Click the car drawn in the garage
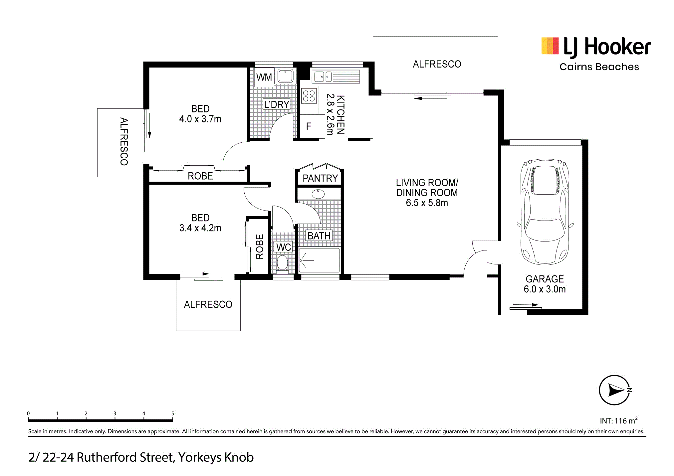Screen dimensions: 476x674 (545, 212)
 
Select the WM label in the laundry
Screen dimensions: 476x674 (264, 78)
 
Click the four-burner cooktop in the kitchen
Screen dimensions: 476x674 (309, 96)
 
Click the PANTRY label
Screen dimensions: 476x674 (320, 178)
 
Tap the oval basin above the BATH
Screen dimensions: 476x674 (318, 194)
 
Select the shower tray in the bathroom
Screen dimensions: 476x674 (319, 260)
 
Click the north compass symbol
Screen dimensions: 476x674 (614, 390)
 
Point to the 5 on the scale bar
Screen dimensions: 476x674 (172, 413)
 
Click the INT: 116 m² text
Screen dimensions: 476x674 (618, 421)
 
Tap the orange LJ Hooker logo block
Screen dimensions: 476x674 (550, 46)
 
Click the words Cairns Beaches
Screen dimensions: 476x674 (599, 67)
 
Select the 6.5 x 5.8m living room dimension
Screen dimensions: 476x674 (427, 203)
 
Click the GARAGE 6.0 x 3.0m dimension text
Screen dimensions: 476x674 (545, 289)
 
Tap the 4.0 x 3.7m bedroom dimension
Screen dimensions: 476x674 (200, 119)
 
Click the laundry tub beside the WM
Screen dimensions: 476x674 (285, 76)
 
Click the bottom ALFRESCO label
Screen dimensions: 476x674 (208, 304)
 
